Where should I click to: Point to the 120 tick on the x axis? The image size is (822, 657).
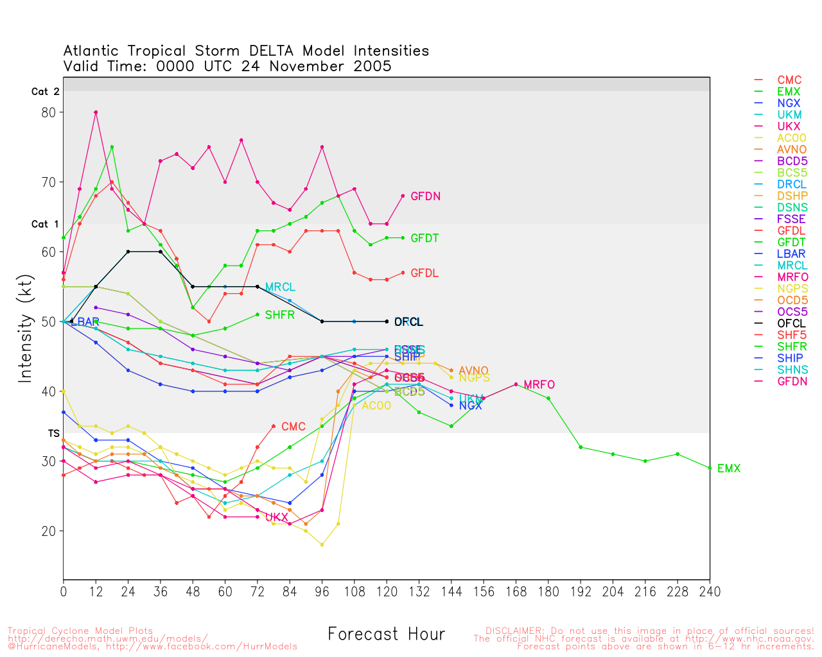point(387,592)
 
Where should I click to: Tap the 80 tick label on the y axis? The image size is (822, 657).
point(49,112)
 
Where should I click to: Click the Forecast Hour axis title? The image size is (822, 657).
point(386,635)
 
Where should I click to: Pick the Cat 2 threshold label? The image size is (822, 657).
point(46,92)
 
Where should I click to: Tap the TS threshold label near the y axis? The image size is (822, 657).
point(54,434)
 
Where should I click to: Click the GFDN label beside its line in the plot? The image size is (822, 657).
point(425,197)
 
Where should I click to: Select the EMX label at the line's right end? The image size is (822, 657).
point(729,469)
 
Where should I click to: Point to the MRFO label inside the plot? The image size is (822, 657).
point(539,385)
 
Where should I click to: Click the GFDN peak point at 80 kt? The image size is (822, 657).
point(96,112)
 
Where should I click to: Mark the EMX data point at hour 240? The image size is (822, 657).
point(710,468)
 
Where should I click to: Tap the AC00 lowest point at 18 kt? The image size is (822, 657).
point(322,545)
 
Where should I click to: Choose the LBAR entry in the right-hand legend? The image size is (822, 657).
point(791,254)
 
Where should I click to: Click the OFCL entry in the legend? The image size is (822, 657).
point(791,323)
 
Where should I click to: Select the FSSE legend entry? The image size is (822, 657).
point(791,219)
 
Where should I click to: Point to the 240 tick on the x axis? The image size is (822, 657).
point(710,592)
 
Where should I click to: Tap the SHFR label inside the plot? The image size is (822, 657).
point(279,315)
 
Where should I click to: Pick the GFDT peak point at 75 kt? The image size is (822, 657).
point(112,147)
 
